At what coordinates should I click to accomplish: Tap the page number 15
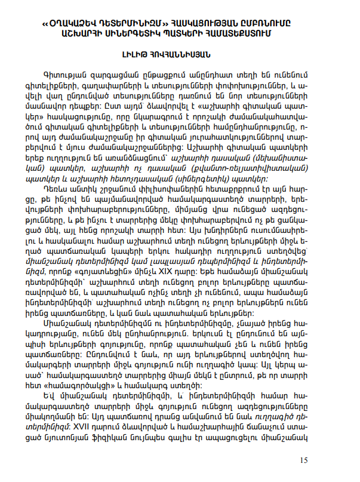pyautogui.click(x=303, y=460)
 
